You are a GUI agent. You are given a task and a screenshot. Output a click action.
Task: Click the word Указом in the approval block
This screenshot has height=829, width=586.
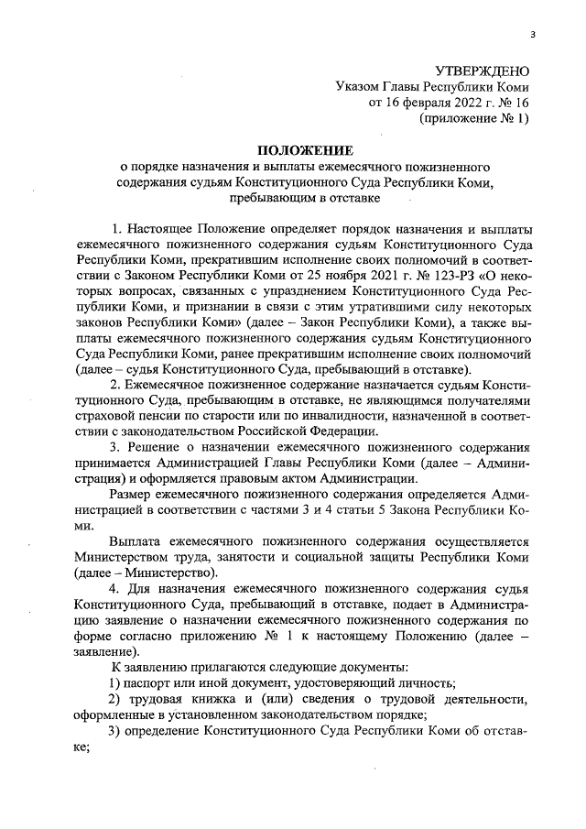[x=359, y=86]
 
